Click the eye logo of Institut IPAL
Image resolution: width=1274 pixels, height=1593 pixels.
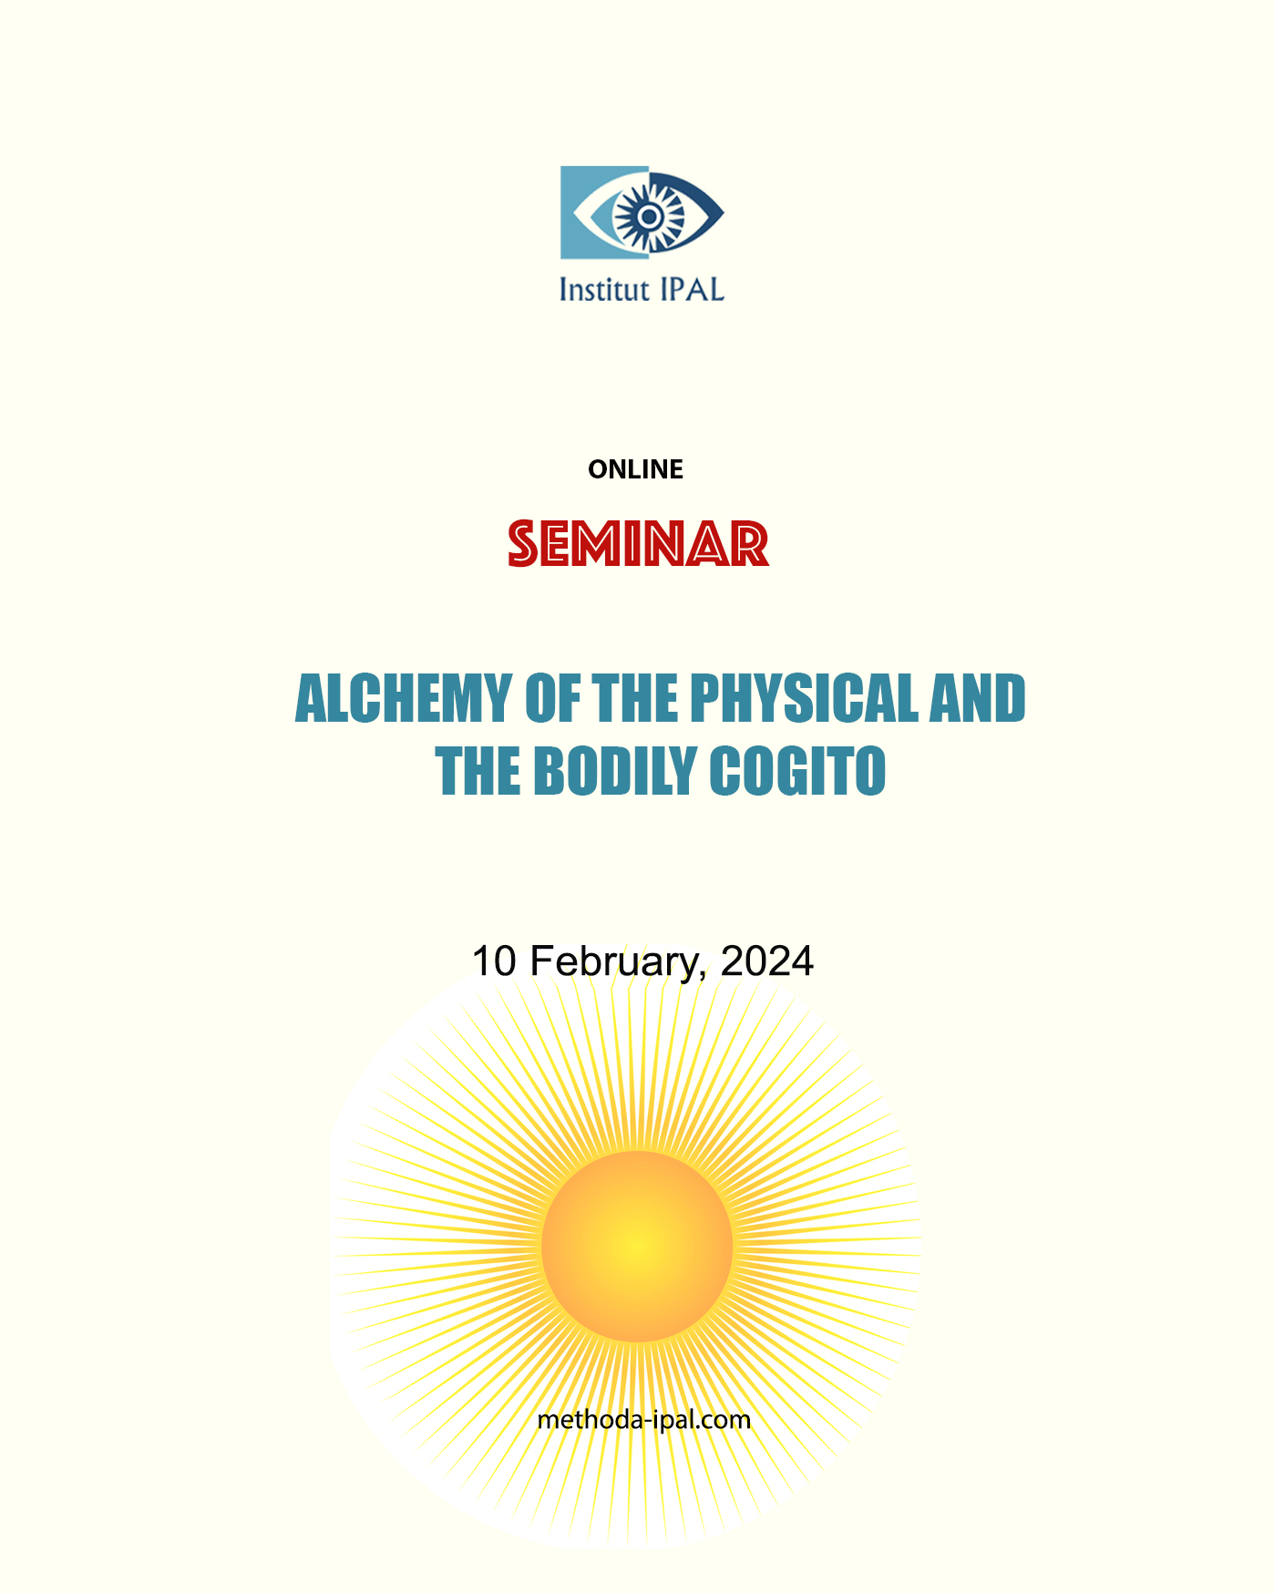click(642, 212)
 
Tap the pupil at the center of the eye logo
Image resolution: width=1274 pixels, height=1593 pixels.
click(648, 216)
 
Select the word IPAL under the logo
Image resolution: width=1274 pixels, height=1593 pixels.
click(690, 289)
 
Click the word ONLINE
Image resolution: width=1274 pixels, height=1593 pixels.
click(635, 469)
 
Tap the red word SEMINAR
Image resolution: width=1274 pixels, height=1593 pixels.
click(638, 545)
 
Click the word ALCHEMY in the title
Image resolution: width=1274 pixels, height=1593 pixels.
click(403, 699)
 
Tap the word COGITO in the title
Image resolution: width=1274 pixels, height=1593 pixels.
click(796, 772)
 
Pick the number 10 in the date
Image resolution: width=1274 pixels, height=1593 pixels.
click(493, 961)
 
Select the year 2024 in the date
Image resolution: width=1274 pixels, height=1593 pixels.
click(766, 961)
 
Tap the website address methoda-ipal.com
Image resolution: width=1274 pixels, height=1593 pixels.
click(643, 1420)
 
